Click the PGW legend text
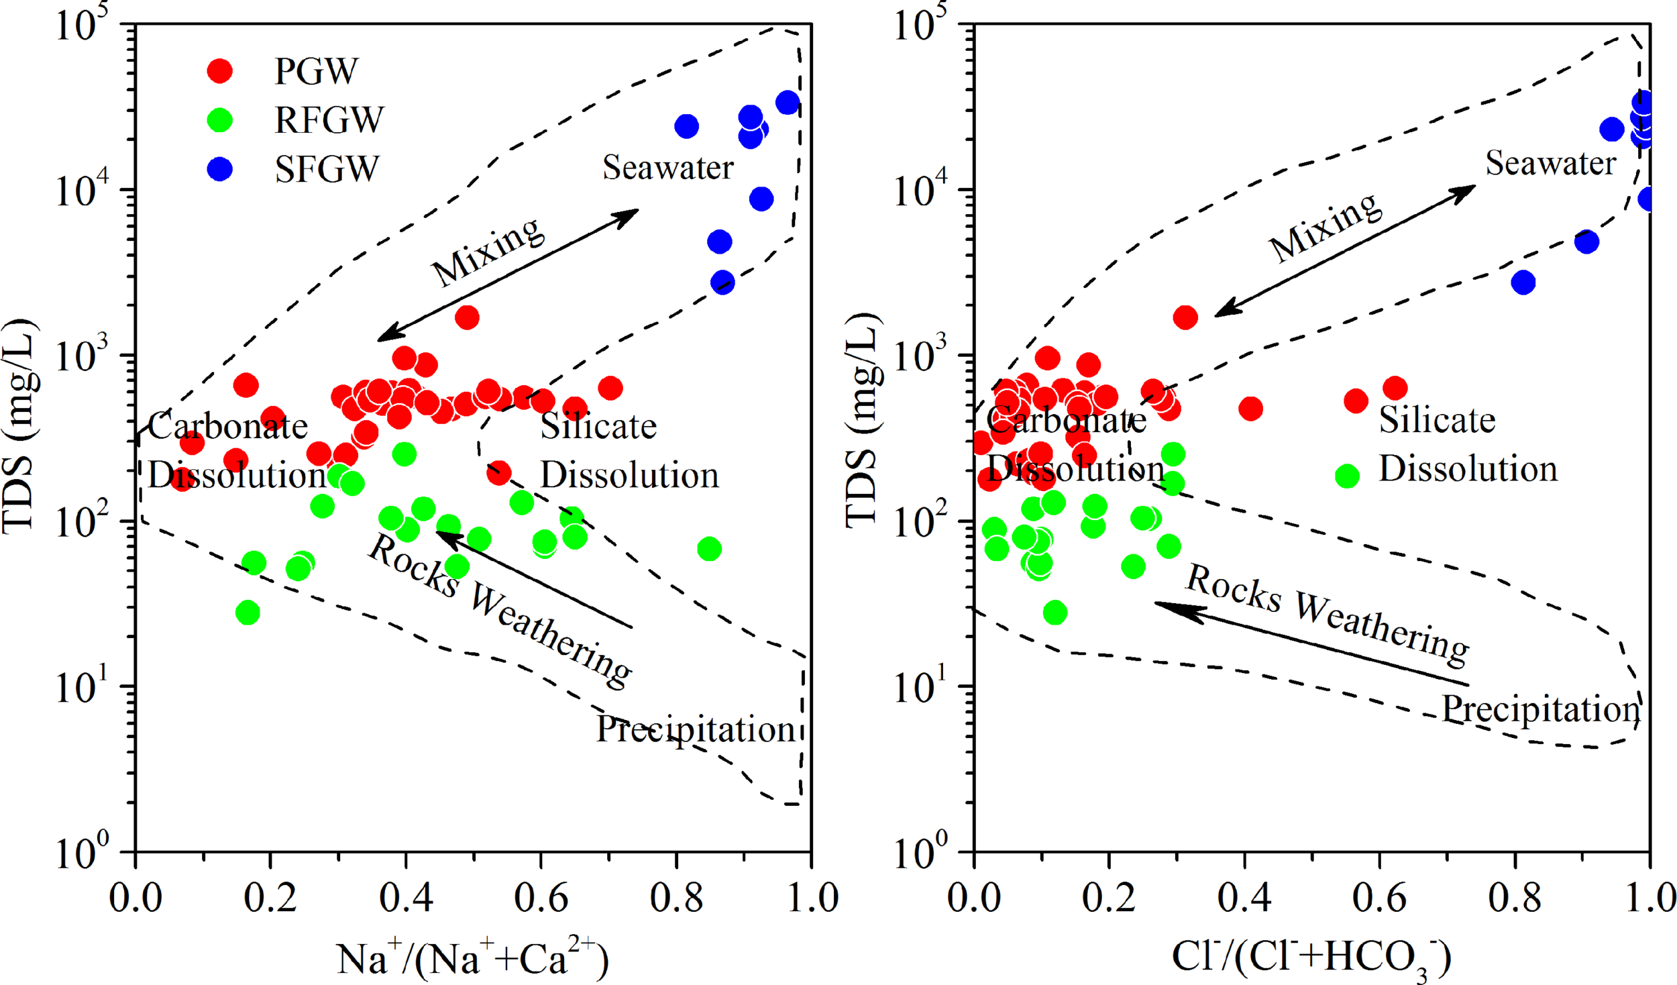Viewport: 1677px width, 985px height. pos(316,71)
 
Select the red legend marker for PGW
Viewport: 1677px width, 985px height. pos(219,70)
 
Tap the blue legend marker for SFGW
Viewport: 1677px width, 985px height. pos(219,169)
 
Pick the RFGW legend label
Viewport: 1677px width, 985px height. pos(329,121)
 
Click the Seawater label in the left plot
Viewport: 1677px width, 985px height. pos(667,168)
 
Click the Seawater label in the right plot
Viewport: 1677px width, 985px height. pos(1550,164)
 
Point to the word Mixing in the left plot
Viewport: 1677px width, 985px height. pos(488,252)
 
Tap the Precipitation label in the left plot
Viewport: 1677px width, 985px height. pos(696,729)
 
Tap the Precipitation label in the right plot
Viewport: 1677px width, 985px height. pos(1541,710)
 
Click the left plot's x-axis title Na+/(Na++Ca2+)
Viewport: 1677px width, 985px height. pos(472,958)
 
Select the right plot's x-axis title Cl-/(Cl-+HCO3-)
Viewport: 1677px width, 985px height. pos(1311,957)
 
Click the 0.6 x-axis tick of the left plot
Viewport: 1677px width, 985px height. pos(541,898)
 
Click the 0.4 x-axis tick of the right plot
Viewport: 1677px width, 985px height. pos(1244,898)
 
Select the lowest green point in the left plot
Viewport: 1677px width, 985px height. pos(248,613)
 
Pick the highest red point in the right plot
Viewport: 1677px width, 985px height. pos(1185,317)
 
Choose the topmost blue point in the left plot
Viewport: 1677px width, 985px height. pos(788,103)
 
